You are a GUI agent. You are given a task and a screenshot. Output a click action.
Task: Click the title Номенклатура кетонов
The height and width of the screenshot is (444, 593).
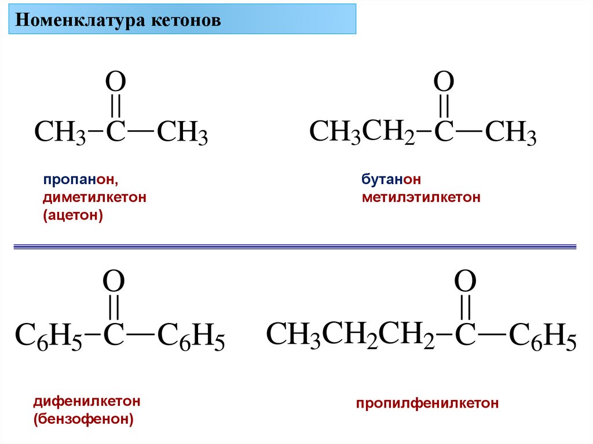coord(118,21)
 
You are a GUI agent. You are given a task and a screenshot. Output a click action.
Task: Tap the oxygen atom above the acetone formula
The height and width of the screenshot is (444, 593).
coord(115,83)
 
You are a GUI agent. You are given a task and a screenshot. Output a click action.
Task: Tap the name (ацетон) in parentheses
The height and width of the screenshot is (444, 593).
coord(72,217)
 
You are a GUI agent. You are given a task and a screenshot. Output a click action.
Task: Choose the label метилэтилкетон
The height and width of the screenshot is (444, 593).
coord(422,197)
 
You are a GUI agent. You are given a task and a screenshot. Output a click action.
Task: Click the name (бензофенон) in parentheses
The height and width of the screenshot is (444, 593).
coord(83,419)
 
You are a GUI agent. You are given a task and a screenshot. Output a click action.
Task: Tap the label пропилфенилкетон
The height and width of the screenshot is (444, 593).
coord(427,403)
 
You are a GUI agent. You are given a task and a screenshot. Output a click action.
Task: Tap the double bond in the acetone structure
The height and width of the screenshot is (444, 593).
coord(115,107)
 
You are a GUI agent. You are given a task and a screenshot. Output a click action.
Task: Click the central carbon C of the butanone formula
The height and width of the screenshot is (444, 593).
coord(444,132)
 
